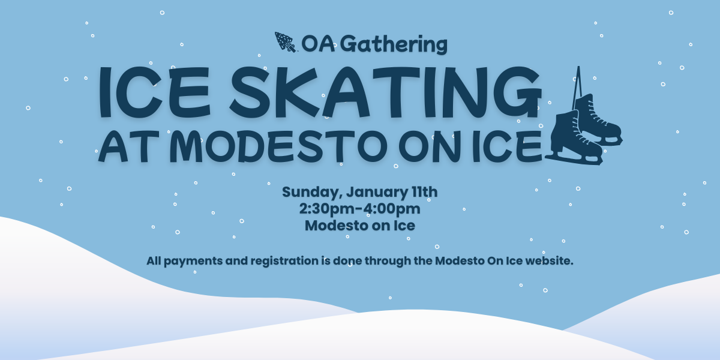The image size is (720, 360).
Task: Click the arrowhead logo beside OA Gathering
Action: [x=285, y=42]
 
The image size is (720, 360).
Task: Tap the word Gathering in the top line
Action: [x=394, y=44]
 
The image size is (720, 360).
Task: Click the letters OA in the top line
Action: [x=318, y=44]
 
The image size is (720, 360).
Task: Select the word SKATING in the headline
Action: [x=386, y=92]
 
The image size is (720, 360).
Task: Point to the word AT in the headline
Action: [x=128, y=146]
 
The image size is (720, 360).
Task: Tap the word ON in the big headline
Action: [x=431, y=146]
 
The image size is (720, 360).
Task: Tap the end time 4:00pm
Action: [x=391, y=209]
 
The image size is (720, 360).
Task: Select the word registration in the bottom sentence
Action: [x=284, y=261]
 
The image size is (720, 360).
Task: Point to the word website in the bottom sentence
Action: [x=548, y=260]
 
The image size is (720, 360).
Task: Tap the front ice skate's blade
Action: [x=574, y=160]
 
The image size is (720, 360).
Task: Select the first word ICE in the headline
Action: [x=154, y=92]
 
